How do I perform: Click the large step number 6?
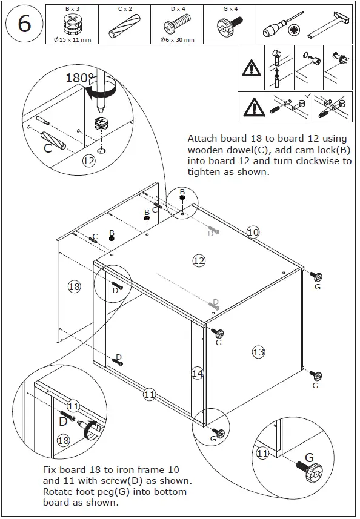(24, 24)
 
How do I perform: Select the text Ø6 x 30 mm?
(177, 40)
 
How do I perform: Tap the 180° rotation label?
(80, 79)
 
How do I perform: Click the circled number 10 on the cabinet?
(253, 231)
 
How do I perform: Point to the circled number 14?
(197, 373)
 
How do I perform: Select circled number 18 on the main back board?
(74, 286)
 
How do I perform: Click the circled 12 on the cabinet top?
(198, 260)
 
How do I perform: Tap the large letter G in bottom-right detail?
(309, 458)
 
